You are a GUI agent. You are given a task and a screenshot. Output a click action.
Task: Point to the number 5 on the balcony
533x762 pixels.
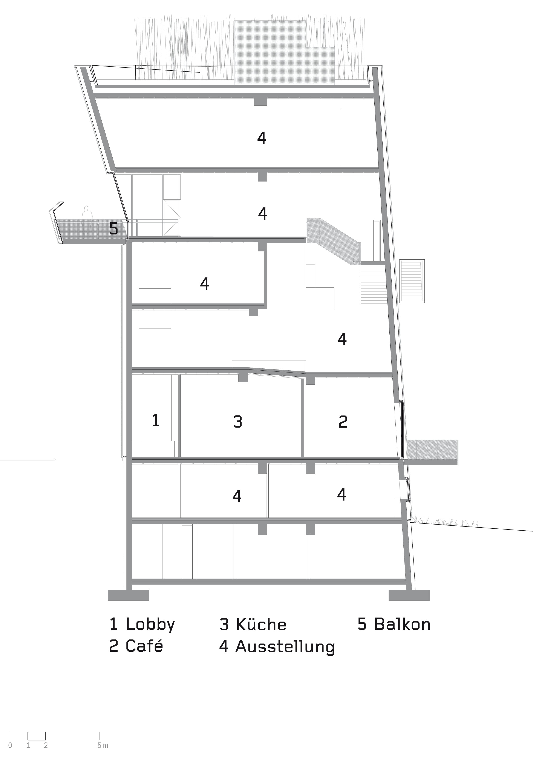(113, 229)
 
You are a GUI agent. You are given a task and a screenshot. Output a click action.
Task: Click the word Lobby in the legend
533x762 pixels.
(150, 624)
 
